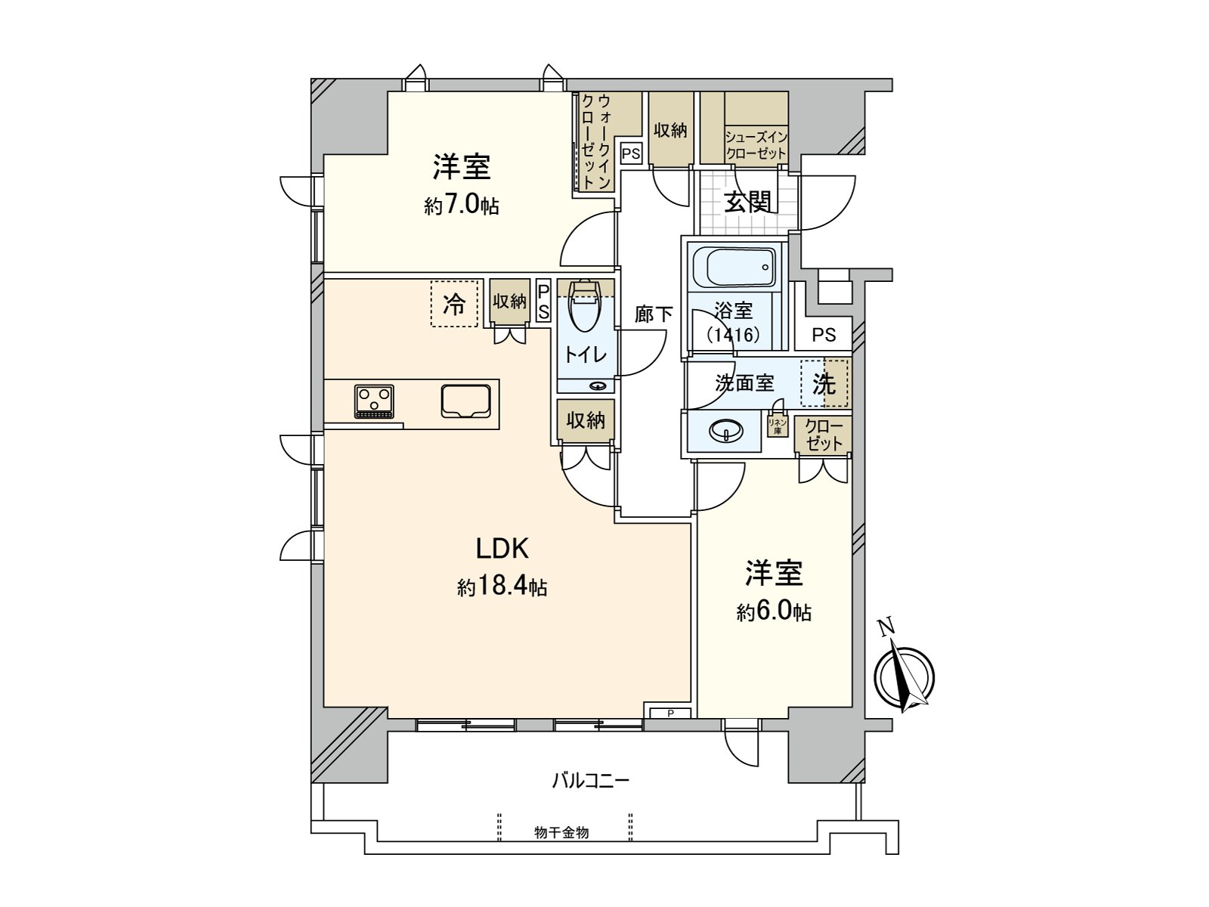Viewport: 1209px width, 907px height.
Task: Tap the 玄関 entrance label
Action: pos(747,202)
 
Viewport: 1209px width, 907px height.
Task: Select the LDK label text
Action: pos(502,548)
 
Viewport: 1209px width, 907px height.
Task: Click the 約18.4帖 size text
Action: pos(502,587)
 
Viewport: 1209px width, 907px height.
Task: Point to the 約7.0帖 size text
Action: pos(461,206)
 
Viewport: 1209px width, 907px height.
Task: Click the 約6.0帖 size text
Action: pos(774,611)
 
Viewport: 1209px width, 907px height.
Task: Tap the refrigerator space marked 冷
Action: pos(455,304)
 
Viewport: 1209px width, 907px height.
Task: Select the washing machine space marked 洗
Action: pos(824,384)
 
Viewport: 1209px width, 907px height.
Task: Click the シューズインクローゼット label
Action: pos(756,144)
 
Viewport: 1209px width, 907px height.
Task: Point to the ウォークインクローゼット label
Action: pos(595,140)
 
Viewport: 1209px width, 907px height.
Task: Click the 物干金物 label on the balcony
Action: pos(561,833)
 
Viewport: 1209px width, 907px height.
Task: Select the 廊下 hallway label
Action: pos(653,314)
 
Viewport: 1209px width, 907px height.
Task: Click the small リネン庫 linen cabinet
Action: pos(778,426)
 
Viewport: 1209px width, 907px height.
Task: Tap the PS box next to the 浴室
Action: pos(824,334)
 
